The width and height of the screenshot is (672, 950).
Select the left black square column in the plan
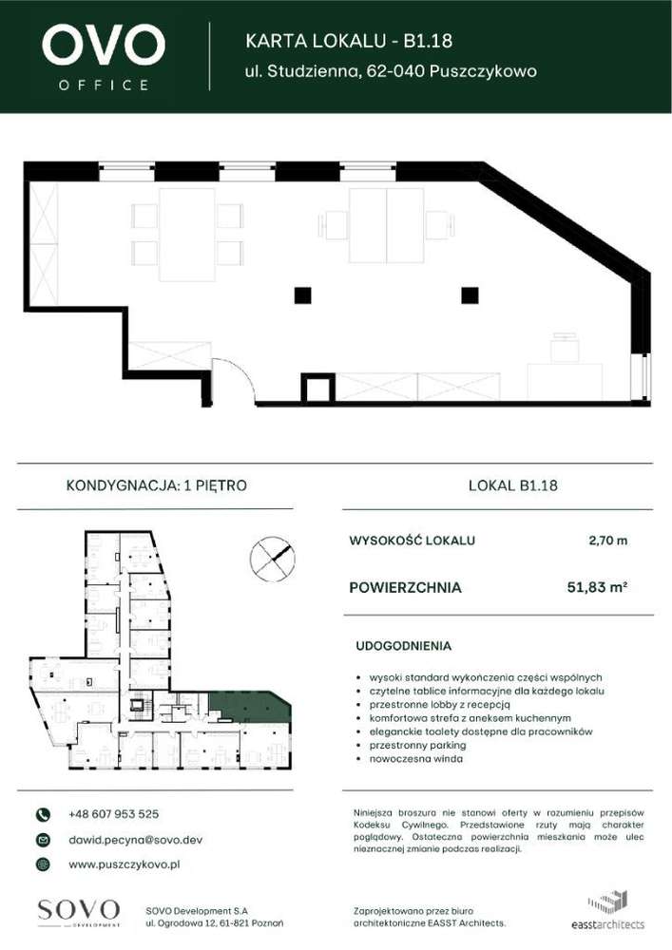point(302,295)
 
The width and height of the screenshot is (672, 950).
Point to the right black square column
point(469,295)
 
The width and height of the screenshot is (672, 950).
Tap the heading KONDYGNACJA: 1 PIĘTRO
point(157,485)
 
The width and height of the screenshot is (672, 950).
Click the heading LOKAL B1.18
point(513,485)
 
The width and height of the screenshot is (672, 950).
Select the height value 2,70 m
point(608,541)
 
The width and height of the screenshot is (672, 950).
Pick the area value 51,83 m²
point(596,588)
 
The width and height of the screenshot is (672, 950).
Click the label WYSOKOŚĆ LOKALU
point(413,541)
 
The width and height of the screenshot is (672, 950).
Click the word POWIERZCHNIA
point(406,588)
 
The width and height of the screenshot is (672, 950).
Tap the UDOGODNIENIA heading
point(403,646)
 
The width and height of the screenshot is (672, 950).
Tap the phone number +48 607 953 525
point(113,814)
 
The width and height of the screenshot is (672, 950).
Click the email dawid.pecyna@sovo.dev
point(135,840)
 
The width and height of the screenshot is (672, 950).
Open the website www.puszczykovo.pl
point(125,864)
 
